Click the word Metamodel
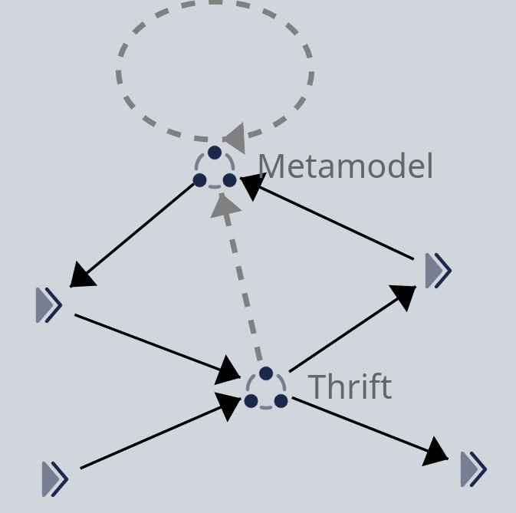[345, 166]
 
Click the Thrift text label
[350, 387]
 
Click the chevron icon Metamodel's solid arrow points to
[49, 305]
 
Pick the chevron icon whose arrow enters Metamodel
[438, 270]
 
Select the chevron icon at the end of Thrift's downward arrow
[473, 469]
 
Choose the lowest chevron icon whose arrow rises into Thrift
[55, 479]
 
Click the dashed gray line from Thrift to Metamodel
[244, 291]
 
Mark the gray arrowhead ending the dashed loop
[232, 138]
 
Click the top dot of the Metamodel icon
[215, 153]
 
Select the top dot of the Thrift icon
[266, 373]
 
